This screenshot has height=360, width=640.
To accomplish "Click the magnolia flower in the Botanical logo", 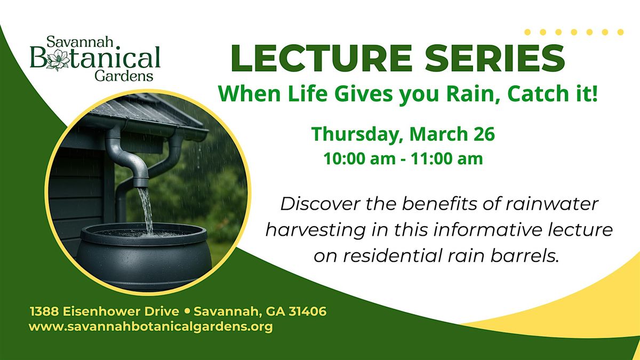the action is (58, 59).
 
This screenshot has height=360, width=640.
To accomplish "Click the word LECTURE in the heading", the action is (322, 58).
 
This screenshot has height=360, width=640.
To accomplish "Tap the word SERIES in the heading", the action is (495, 58).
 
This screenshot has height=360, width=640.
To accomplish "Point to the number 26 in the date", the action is (484, 134).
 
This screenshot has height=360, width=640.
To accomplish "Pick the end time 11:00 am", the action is (447, 159).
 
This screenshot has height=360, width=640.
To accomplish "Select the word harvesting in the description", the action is (315, 231).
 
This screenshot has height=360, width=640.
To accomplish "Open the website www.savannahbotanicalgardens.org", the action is (150, 327).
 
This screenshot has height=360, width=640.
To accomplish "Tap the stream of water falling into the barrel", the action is (146, 210).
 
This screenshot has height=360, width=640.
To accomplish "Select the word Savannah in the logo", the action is (80, 42).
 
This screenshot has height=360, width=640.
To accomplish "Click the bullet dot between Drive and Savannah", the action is (187, 311).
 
